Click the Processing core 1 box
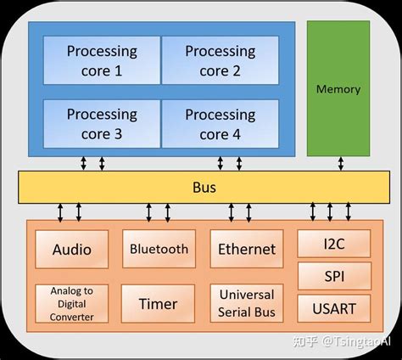102,60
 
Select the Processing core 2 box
221,60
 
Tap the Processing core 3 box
102,124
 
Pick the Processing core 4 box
221,124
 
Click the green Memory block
338,88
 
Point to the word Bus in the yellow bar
204,188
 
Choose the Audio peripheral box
72,250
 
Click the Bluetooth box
159,249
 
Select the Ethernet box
247,249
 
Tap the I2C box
334,244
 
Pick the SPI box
335,276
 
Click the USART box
334,308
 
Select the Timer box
158,304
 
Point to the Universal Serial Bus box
247,303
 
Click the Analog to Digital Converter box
72,304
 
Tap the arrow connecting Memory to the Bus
341,164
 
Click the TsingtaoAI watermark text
357,341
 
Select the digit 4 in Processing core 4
237,134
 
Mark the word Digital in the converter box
72,304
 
